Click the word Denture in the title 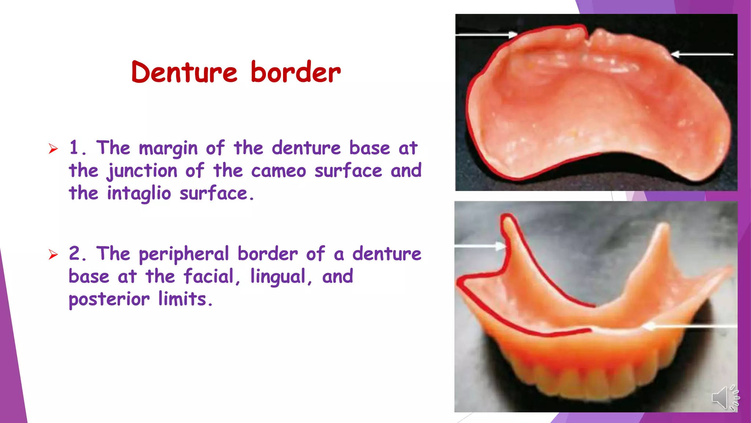[184, 72]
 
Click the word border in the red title [296, 72]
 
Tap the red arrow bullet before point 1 [53, 149]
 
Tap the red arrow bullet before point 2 [53, 254]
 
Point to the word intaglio [139, 194]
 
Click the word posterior [109, 300]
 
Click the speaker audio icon [725, 398]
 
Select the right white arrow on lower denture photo [689, 326]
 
